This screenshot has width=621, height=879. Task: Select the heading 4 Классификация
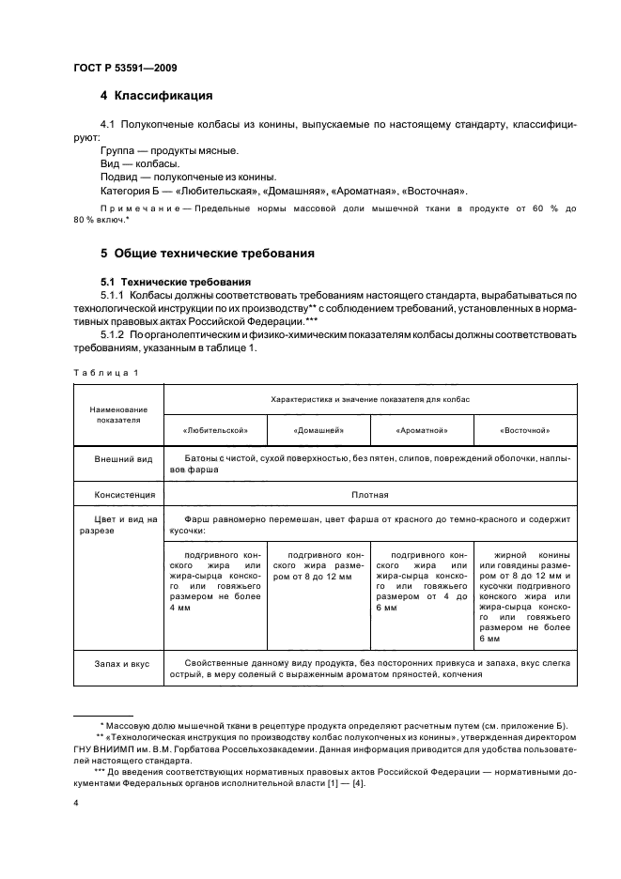156,95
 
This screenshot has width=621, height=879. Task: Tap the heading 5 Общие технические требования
207,253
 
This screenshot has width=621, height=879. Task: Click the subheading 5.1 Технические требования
167,281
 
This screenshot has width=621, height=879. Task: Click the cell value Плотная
370,493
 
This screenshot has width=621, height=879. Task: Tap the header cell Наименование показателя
117,414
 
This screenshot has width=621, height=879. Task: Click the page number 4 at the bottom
75,804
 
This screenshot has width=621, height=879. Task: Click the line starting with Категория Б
283,190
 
